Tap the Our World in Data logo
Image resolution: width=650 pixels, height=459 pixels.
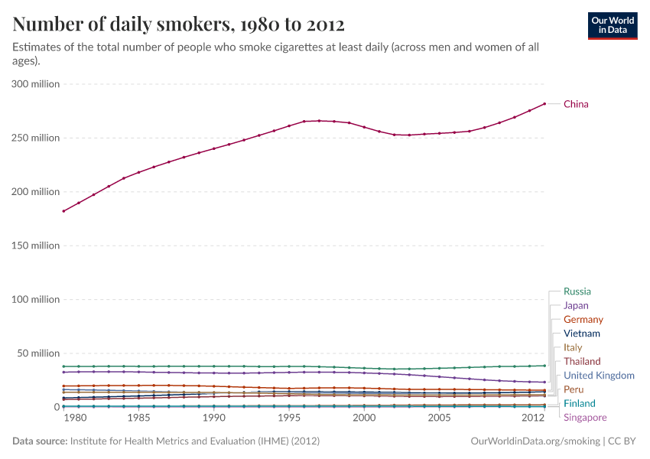tap(612, 24)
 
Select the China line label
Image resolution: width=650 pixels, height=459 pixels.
tap(576, 104)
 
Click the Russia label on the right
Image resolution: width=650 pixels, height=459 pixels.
tap(577, 291)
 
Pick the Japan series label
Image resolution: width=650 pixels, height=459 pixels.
tap(576, 305)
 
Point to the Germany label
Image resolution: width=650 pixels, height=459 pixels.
tap(583, 320)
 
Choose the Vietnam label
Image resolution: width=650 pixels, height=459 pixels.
tap(581, 334)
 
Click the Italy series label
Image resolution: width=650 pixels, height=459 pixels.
tap(572, 347)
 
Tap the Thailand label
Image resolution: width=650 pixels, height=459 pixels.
tap(582, 361)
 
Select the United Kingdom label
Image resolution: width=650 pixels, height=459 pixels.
tap(599, 376)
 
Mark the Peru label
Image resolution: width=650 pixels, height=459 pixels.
tap(574, 389)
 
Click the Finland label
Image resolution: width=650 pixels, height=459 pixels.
tap(579, 403)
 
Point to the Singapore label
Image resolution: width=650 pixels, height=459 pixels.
tap(585, 418)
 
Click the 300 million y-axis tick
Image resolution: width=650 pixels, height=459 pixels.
tap(36, 84)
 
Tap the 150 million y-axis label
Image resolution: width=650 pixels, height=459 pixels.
tap(36, 246)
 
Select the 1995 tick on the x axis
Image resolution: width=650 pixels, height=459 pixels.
tap(289, 418)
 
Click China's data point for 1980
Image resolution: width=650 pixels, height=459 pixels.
tap(63, 211)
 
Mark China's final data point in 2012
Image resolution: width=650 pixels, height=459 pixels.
tap(544, 104)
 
